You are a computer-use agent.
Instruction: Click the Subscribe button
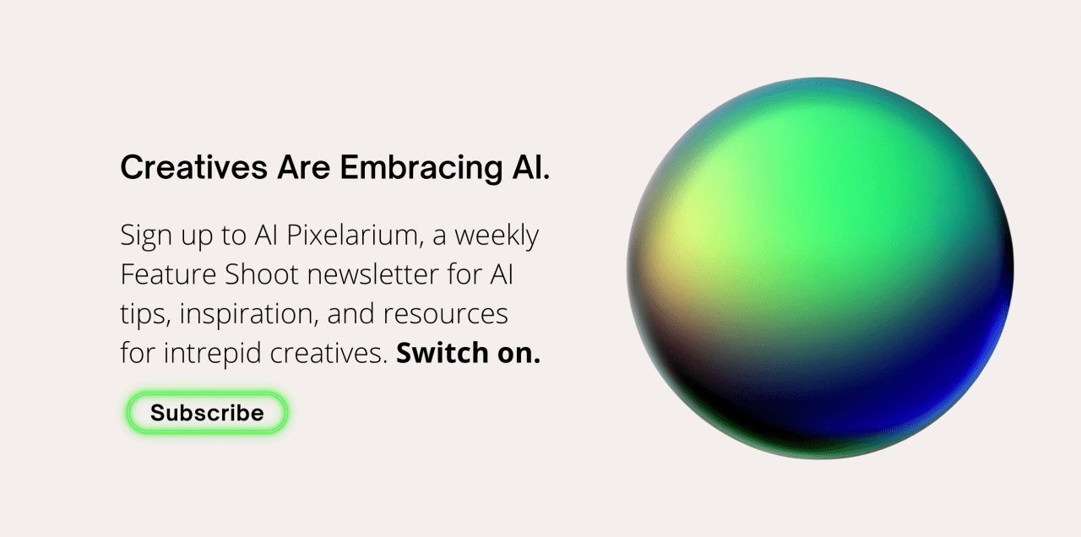[207, 413]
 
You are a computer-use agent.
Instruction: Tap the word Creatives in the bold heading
[193, 167]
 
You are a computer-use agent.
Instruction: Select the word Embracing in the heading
[421, 168]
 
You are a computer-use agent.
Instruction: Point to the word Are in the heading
[303, 167]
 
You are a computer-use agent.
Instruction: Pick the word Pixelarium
[352, 235]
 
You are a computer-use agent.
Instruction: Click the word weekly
[497, 236]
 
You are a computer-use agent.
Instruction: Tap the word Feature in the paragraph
[168, 274]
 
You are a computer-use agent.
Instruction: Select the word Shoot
[262, 274]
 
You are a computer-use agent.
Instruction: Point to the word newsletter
[373, 274]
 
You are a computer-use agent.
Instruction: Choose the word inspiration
[249, 314]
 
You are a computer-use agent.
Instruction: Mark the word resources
[445, 314]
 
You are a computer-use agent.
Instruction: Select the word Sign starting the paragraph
[146, 236]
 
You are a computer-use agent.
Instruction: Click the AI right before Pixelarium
[266, 235]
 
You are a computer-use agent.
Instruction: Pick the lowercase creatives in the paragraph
[329, 353]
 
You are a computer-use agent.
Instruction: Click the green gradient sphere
[820, 268]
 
